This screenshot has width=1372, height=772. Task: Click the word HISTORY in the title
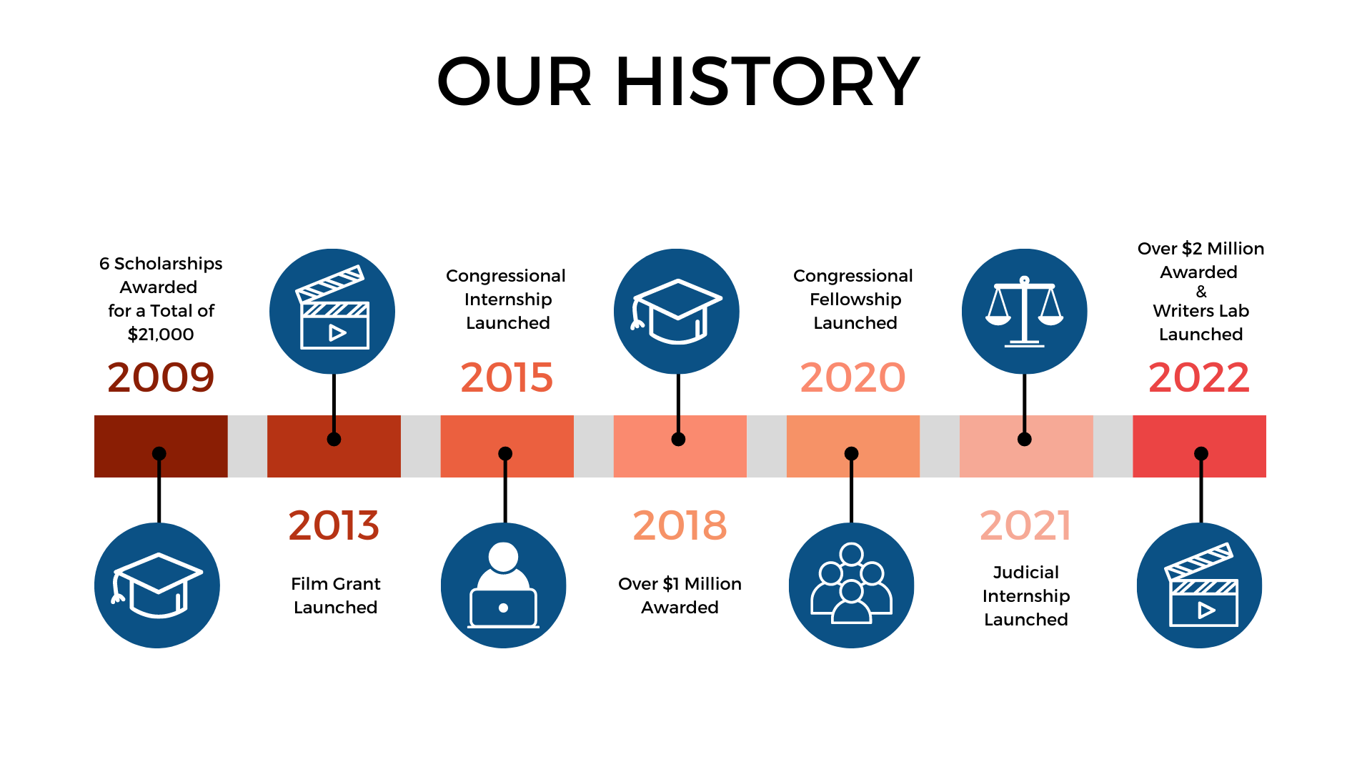click(767, 81)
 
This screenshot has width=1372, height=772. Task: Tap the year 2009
click(161, 377)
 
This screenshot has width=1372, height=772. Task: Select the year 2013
click(334, 525)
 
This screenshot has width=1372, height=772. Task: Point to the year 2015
click(507, 377)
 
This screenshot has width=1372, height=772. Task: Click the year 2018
click(680, 525)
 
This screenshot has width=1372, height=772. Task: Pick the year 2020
click(852, 377)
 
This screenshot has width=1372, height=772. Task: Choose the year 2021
click(1025, 525)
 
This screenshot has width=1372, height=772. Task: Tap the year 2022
click(1199, 377)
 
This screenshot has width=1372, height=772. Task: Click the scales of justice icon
click(1024, 312)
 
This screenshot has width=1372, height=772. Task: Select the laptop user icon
click(504, 585)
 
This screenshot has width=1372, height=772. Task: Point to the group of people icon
click(851, 585)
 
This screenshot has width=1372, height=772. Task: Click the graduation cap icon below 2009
click(157, 585)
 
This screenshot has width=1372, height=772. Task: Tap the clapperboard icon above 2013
click(332, 312)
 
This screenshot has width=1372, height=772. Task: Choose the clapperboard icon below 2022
click(1200, 585)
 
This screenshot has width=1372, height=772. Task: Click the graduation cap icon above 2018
click(677, 312)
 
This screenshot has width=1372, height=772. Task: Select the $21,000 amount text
click(161, 335)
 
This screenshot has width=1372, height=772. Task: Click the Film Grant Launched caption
click(336, 595)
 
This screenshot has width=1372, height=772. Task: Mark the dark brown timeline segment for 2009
click(161, 446)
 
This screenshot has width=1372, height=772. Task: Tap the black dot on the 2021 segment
click(1025, 439)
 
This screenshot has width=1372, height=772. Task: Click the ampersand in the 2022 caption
click(1201, 292)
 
